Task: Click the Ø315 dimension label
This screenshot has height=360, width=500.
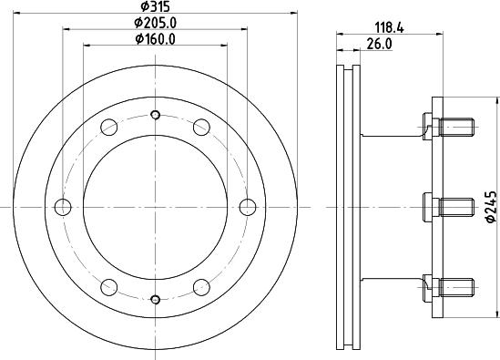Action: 156,6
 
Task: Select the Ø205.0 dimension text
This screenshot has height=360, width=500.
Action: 156,23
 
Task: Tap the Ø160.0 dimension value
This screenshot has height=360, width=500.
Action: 156,39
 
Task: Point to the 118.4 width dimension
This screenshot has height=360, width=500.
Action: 390,27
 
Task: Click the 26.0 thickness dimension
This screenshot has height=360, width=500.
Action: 379,44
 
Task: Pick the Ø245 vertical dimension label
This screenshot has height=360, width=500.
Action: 490,207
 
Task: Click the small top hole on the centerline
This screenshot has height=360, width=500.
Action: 156,115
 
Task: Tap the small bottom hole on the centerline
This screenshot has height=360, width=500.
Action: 156,299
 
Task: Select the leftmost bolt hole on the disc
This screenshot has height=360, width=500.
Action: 63,207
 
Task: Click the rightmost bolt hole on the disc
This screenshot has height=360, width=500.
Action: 248,207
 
